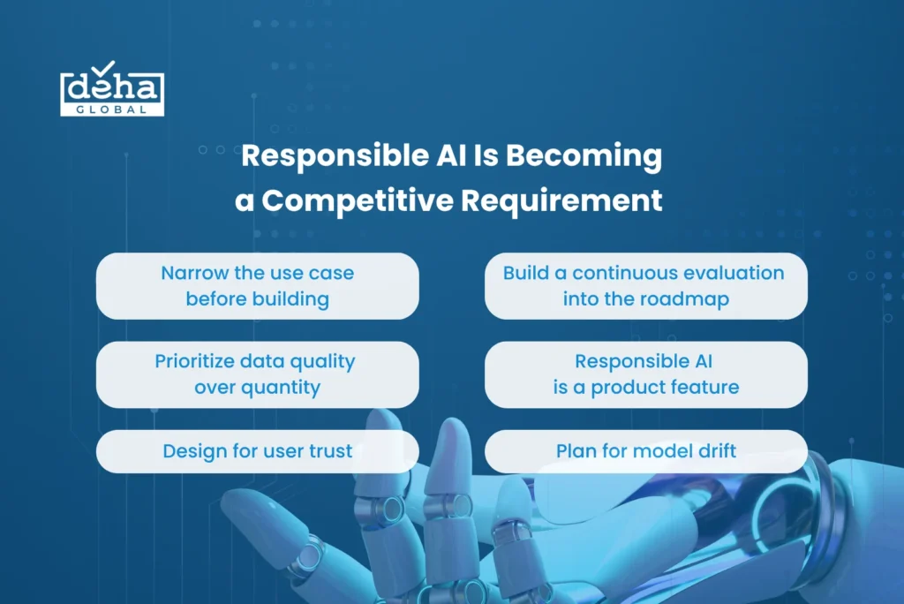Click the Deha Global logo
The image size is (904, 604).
(112, 89)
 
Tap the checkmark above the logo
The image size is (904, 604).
(103, 68)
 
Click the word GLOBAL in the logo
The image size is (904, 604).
(112, 109)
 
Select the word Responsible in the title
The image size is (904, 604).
(335, 156)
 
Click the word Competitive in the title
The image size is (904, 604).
(358, 201)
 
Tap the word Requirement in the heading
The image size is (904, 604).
(561, 201)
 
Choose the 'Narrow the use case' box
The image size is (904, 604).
(258, 286)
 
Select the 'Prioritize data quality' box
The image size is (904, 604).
(258, 375)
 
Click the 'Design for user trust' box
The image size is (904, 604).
(258, 451)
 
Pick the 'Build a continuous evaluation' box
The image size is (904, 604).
(645, 286)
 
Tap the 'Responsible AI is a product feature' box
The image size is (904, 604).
(645, 375)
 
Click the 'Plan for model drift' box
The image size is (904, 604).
(645, 451)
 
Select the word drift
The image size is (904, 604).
(717, 450)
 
